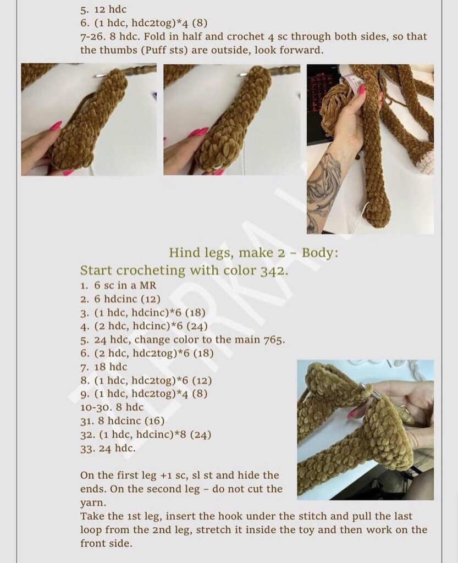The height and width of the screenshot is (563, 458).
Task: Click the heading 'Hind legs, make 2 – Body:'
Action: pyautogui.click(x=253, y=253)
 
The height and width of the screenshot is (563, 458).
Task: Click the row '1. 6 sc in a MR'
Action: pyautogui.click(x=118, y=286)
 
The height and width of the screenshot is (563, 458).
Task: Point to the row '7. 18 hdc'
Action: pyautogui.click(x=104, y=367)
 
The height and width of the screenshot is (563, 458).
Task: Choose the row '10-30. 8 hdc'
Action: pyautogui.click(x=112, y=407)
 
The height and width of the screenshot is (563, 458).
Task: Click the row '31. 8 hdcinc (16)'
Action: pyautogui.click(x=123, y=421)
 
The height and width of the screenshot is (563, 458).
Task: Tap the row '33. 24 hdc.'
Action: pyautogui.click(x=108, y=448)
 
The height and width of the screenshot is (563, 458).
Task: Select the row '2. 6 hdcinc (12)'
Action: pyautogui.click(x=120, y=299)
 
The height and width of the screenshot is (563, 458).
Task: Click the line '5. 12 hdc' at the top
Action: pyautogui.click(x=103, y=9)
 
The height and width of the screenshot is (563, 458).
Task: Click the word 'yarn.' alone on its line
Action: pyautogui.click(x=93, y=503)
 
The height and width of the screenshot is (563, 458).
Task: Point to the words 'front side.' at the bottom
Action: pyautogui.click(x=106, y=543)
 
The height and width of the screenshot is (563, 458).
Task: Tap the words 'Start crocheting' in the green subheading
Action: pyautogui.click(x=133, y=271)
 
